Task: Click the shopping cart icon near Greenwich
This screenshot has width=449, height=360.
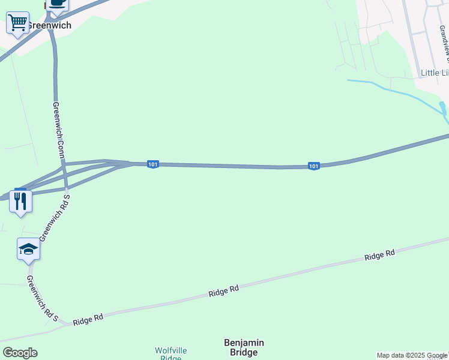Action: click(17, 23)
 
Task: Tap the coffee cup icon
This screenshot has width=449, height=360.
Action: click(58, 3)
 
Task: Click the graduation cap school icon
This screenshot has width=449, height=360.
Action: click(28, 249)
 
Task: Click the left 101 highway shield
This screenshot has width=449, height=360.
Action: click(153, 164)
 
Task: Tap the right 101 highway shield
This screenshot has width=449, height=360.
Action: click(313, 166)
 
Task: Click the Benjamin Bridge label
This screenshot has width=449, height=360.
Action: click(244, 347)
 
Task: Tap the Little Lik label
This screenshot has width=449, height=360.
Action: click(434, 73)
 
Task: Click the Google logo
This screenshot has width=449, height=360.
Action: click(20, 353)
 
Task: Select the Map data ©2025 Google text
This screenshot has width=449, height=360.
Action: click(412, 355)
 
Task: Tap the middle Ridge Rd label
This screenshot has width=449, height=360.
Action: click(224, 291)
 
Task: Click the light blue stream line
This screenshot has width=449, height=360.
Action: click(390, 90)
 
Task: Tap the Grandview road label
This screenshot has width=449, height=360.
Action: click(444, 45)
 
